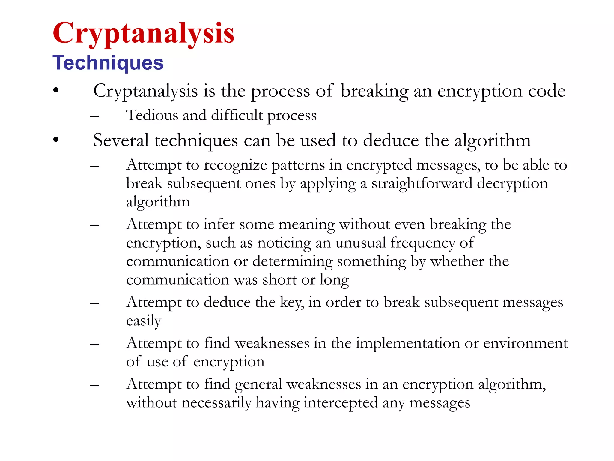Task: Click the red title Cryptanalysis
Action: pos(143,34)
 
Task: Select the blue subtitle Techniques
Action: pos(108,63)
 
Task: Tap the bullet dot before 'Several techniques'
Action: pos(56,140)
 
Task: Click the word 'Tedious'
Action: pos(152,115)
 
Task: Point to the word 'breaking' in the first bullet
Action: pos(374,91)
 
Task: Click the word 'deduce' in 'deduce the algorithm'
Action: pos(391,140)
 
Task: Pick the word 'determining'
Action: pos(292,261)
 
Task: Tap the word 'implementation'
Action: pos(408,343)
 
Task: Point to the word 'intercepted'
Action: pos(340,402)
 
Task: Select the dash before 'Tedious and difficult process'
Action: pos(94,116)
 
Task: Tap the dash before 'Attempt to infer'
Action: pos(94,225)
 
